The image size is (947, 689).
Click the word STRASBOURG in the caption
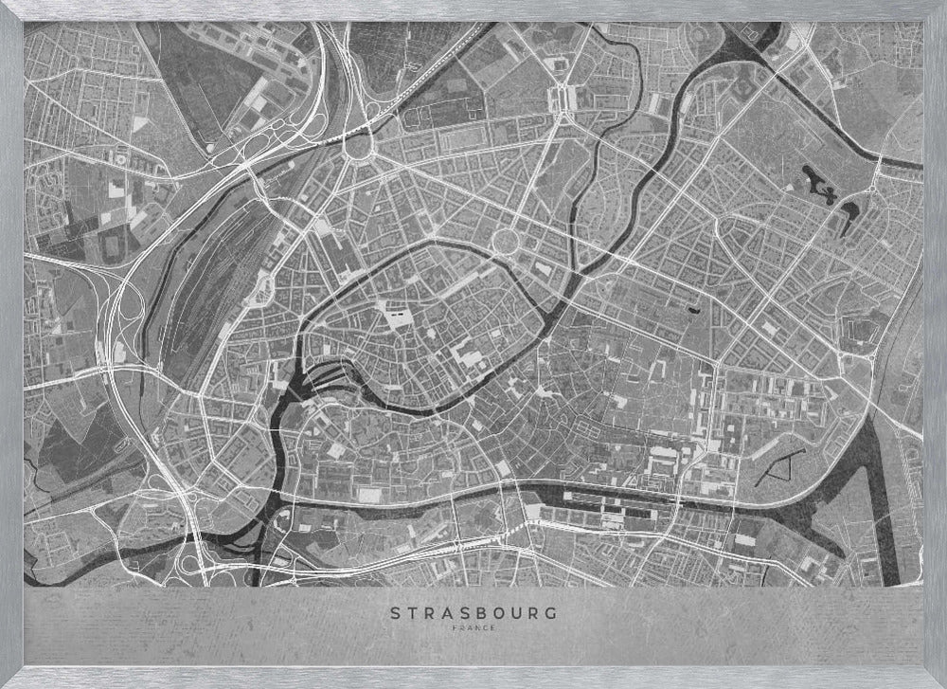473,613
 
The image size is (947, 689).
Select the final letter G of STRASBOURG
551,613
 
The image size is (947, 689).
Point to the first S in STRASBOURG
395,613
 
